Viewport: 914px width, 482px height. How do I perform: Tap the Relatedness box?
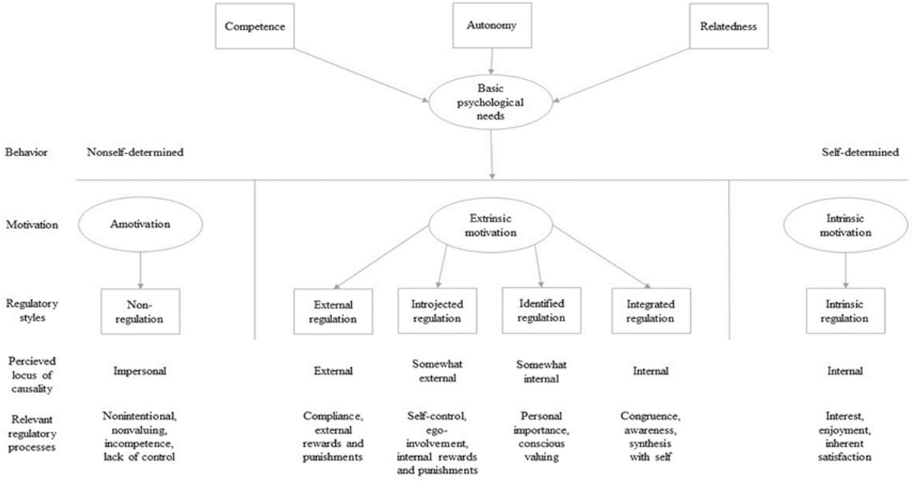coord(728,25)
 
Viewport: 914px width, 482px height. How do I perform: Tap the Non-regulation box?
coord(140,311)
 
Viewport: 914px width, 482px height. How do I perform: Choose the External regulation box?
coord(325,311)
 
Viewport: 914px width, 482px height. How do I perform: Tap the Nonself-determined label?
coord(136,152)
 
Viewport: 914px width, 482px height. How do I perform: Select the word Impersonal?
coord(140,372)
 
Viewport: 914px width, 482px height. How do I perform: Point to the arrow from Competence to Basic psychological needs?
coord(358,76)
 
